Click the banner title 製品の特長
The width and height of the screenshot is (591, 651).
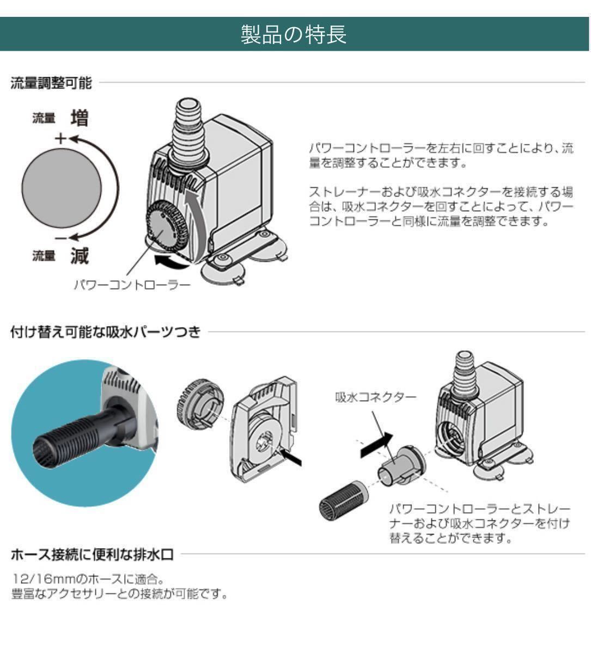(x=294, y=34)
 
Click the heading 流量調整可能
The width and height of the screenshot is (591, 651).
(x=51, y=83)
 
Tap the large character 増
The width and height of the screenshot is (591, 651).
(x=80, y=118)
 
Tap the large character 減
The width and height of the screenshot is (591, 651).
(x=80, y=255)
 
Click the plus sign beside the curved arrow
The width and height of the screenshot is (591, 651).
(x=60, y=138)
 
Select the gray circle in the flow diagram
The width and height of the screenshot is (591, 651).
(x=62, y=188)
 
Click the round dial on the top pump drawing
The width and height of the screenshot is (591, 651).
(x=166, y=226)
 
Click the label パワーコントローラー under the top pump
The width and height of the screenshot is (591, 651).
(x=132, y=285)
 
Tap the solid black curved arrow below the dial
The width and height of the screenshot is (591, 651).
(x=170, y=262)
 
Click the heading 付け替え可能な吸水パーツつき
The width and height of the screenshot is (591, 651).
(x=106, y=332)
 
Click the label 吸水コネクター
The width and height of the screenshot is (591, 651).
(x=376, y=397)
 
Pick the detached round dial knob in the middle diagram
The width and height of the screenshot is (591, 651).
(x=200, y=403)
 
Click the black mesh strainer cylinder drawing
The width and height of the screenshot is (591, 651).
(x=342, y=501)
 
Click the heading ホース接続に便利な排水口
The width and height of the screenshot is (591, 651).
(x=92, y=555)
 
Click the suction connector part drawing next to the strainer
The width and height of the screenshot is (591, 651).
(x=401, y=466)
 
